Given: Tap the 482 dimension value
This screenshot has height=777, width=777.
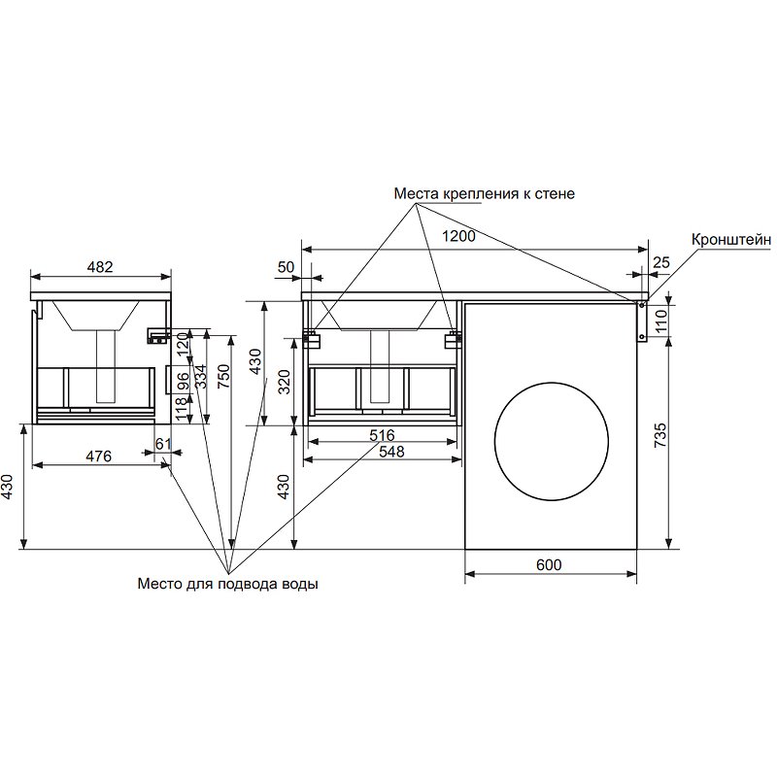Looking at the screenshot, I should click(100, 265).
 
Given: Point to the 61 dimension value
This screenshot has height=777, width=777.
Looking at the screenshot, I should click(163, 445).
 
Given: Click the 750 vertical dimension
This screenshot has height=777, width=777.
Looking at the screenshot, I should click(224, 377).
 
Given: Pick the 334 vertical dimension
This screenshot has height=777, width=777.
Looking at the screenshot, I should click(201, 377).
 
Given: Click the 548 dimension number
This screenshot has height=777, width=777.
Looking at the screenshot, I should click(383, 453).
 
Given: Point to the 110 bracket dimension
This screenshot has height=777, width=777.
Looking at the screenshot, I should click(660, 320).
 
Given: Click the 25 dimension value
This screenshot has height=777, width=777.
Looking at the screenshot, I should click(661, 262).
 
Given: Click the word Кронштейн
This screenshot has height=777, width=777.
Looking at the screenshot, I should click(731, 238).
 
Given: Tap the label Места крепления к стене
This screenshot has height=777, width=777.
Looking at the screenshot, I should click(484, 193).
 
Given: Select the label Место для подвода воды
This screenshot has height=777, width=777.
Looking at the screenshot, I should click(227, 585).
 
